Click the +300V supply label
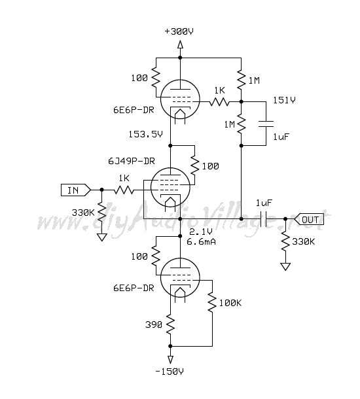pos(179,31)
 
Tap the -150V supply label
pos(170,372)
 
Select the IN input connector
pos(76,190)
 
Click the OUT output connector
pos(309,219)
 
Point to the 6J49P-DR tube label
pos(132,161)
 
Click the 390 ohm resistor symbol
pos(170,324)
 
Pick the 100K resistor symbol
pos(212,302)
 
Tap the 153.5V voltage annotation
pos(145,134)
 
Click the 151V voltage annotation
pos(284,100)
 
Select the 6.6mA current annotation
pos(201,241)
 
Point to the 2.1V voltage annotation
pos(201,232)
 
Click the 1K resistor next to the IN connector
pos(124,190)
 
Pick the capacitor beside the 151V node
pos(266,124)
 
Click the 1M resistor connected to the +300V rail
pos(241,80)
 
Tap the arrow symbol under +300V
pos(180,44)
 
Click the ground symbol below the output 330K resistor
pos(285,267)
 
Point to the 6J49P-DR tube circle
pos(151,187)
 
